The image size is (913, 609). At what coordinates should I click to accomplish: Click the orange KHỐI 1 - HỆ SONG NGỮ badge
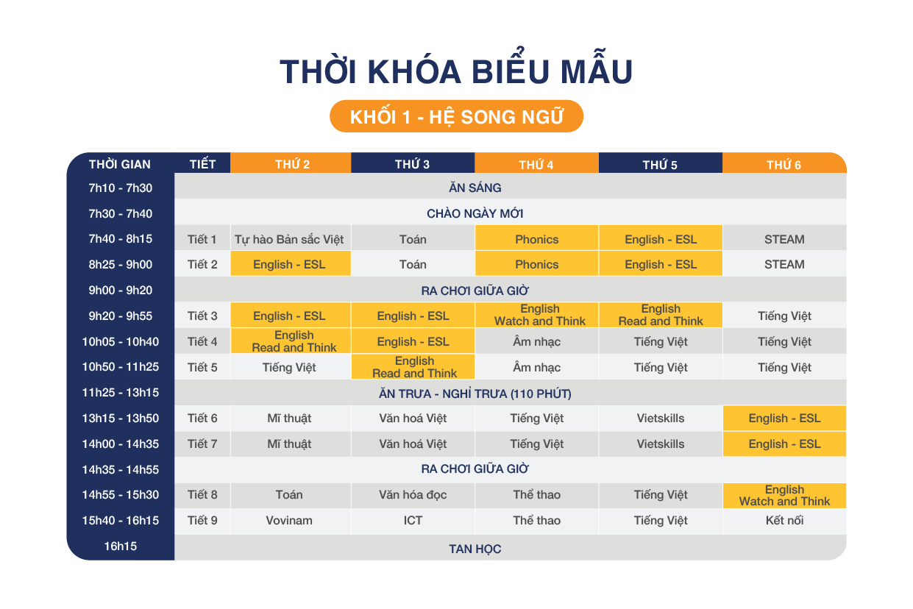456,116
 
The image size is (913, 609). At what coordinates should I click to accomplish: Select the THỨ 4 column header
536,163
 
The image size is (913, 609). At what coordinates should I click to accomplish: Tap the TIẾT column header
202,163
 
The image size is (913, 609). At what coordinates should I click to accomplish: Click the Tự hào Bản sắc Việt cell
289,239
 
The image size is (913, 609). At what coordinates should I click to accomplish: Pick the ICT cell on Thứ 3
413,521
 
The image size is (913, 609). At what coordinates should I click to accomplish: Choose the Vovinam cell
289,521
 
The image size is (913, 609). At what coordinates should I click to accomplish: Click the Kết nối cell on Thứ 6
784,521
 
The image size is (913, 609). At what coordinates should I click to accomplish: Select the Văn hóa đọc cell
413,495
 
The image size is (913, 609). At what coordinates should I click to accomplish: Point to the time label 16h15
120,546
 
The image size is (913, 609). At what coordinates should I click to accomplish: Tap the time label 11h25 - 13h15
120,393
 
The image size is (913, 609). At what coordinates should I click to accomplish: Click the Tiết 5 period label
202,368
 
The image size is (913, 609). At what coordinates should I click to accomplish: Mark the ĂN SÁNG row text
475,188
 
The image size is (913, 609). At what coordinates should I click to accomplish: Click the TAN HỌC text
475,549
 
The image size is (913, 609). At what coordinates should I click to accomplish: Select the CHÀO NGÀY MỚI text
475,213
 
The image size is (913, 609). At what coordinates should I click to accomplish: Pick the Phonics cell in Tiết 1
536,239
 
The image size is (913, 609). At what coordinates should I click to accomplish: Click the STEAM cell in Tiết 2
784,264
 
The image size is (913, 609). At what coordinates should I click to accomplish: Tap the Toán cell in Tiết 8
289,495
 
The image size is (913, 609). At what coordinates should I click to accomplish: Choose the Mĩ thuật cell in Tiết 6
289,419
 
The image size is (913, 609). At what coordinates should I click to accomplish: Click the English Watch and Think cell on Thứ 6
784,495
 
